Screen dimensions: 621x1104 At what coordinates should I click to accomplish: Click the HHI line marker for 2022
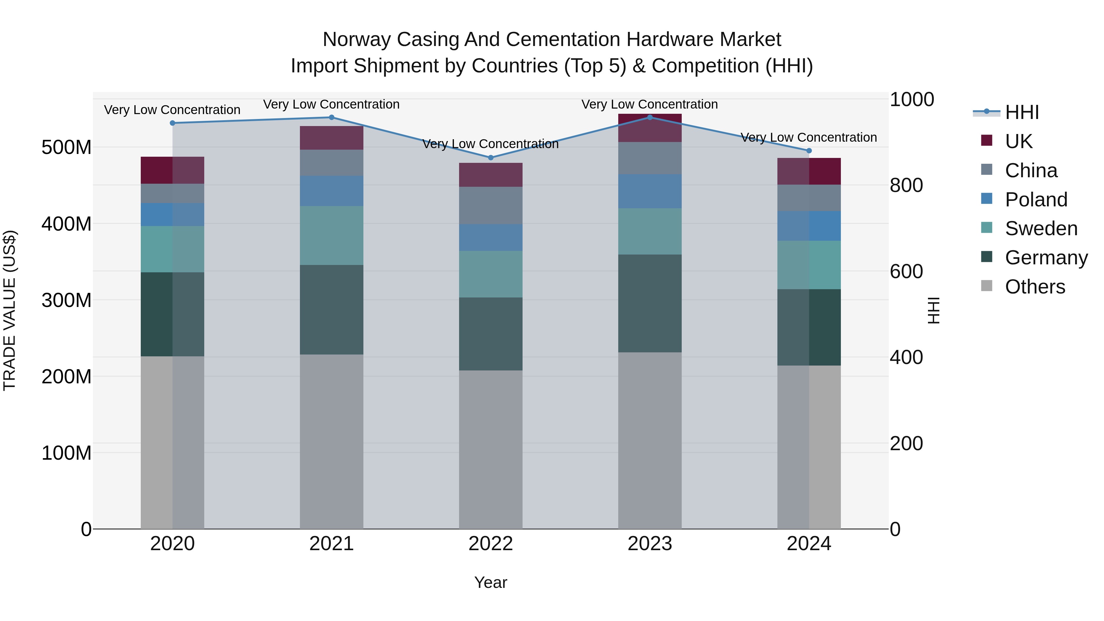coord(491,158)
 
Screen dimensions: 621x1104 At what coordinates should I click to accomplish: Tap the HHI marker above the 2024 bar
coord(809,151)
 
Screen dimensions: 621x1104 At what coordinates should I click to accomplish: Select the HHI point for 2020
coord(172,123)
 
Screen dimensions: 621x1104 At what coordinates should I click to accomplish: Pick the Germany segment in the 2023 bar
coord(650,303)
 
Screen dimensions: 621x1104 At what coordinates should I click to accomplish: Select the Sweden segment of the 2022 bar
coord(491,274)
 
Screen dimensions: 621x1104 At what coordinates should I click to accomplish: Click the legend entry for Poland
coord(1036,200)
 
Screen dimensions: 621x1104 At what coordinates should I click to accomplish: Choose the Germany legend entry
coord(1046,258)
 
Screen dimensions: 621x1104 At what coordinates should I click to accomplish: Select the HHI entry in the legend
coord(1022,112)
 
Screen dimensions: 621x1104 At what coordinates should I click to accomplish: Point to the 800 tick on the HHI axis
coord(906,186)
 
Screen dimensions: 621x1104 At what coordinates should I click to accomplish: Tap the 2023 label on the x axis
coord(650,544)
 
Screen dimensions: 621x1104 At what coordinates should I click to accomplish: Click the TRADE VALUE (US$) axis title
coord(10,310)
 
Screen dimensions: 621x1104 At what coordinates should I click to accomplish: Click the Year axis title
coord(491,582)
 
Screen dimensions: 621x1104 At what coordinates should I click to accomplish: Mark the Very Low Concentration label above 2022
coord(491,144)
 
